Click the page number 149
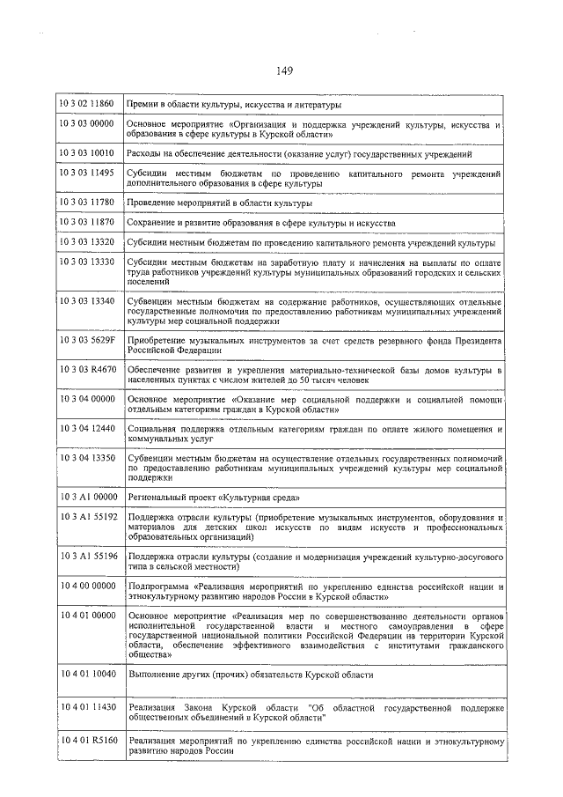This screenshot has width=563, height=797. pyautogui.click(x=283, y=71)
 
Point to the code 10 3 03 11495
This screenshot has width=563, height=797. pyautogui.click(x=87, y=174)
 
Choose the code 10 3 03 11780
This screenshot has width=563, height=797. pyautogui.click(x=87, y=203)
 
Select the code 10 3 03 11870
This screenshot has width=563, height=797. pyautogui.click(x=87, y=223)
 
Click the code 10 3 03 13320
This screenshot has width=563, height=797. pyautogui.click(x=87, y=242)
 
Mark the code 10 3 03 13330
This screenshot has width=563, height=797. pyautogui.click(x=87, y=262)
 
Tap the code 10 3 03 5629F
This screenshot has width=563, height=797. pyautogui.click(x=87, y=339)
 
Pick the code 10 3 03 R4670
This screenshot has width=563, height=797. pyautogui.click(x=87, y=371)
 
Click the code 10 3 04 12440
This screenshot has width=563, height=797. pyautogui.click(x=87, y=429)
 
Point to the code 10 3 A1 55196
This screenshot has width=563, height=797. pyautogui.click(x=87, y=557)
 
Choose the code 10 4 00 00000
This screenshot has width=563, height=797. pyautogui.click(x=87, y=585)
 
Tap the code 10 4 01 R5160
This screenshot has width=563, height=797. pyautogui.click(x=87, y=742)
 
